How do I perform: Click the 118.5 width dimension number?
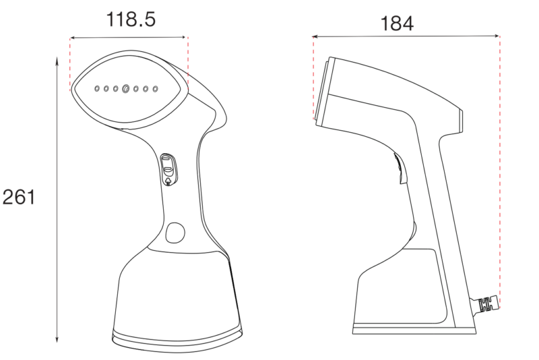point(131,20)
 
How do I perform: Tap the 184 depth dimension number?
point(397,24)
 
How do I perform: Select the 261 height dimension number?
point(19,198)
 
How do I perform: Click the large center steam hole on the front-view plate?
point(126,89)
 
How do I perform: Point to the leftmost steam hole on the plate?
point(97,89)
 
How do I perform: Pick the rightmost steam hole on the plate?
point(156,89)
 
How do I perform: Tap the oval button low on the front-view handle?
point(175,233)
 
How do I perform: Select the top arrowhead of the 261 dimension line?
point(57,61)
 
